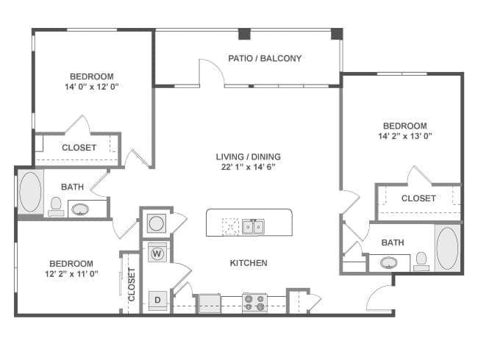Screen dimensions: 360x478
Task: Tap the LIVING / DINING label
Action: pos(248,156)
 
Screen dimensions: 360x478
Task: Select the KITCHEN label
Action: pos(249,263)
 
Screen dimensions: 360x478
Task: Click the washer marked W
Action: pos(157,253)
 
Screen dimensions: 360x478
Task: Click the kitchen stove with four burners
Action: pos(254,302)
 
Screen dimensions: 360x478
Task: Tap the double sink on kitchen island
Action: pos(254,226)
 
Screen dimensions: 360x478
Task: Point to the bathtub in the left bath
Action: pos(30,192)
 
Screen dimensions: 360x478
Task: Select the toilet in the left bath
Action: pos(56,206)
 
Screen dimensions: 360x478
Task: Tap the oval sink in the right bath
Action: pos(388,262)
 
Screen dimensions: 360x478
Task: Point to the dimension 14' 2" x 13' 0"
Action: pos(404,136)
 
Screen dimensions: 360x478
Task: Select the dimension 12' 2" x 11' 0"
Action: pos(71,274)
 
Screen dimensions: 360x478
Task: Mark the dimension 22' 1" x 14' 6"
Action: pos(248,167)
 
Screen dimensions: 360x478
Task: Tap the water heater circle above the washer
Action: pos(156,223)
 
